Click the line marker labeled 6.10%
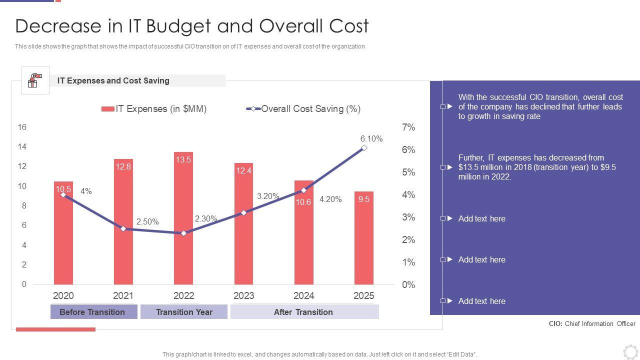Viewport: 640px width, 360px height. pyautogui.click(x=364, y=147)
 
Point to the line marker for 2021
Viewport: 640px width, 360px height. pyautogui.click(x=123, y=228)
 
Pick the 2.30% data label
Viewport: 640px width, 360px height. pyautogui.click(x=205, y=218)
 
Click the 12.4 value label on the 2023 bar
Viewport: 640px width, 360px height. pyautogui.click(x=243, y=171)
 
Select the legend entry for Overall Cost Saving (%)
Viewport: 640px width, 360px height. pyautogui.click(x=303, y=109)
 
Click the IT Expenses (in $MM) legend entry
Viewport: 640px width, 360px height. pyautogui.click(x=154, y=109)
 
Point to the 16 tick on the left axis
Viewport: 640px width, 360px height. pyautogui.click(x=22, y=127)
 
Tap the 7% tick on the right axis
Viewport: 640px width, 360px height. pyautogui.click(x=408, y=127)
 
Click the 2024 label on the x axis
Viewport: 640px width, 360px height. pyautogui.click(x=303, y=295)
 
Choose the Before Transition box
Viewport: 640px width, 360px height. pyautogui.click(x=93, y=312)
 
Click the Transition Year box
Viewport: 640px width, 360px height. pyautogui.click(x=184, y=312)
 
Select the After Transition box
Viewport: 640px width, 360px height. pyautogui.click(x=304, y=312)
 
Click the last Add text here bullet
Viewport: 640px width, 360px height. pyautogui.click(x=481, y=301)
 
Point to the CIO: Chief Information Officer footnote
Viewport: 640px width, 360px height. pyautogui.click(x=592, y=323)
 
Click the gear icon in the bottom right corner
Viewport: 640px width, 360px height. pyautogui.click(x=630, y=351)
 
